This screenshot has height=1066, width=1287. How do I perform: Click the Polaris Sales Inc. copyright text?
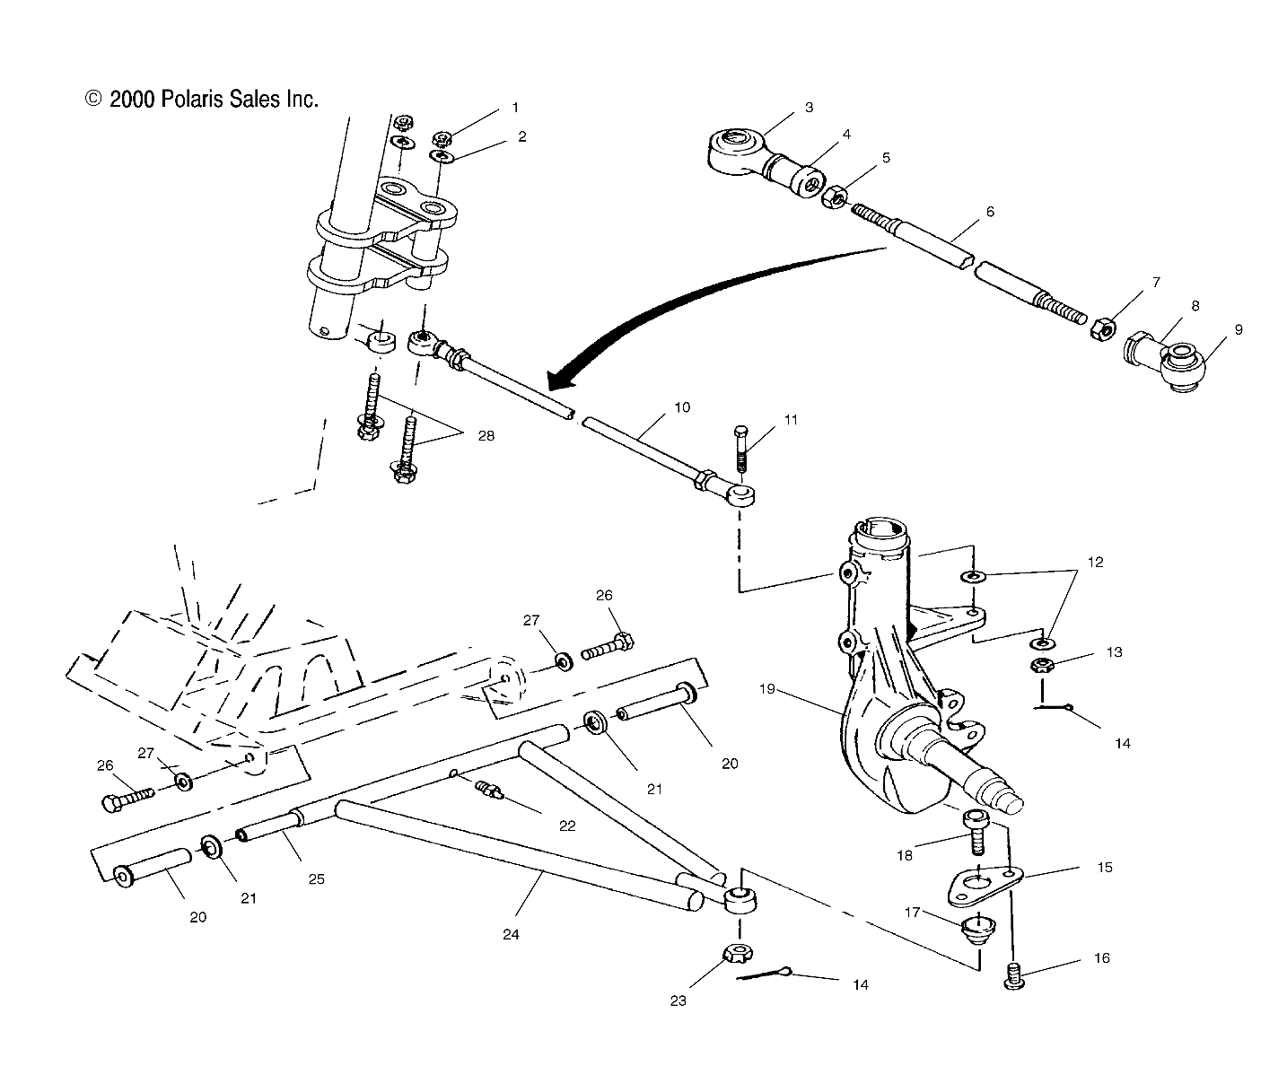click(202, 100)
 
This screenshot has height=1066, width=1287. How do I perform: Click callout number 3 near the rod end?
click(809, 108)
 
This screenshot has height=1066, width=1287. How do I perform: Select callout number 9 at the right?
click(1239, 330)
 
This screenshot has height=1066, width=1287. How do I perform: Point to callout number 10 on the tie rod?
click(682, 407)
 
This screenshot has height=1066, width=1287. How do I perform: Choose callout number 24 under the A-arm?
click(511, 934)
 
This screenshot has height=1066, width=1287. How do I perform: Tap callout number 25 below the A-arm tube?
click(316, 879)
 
